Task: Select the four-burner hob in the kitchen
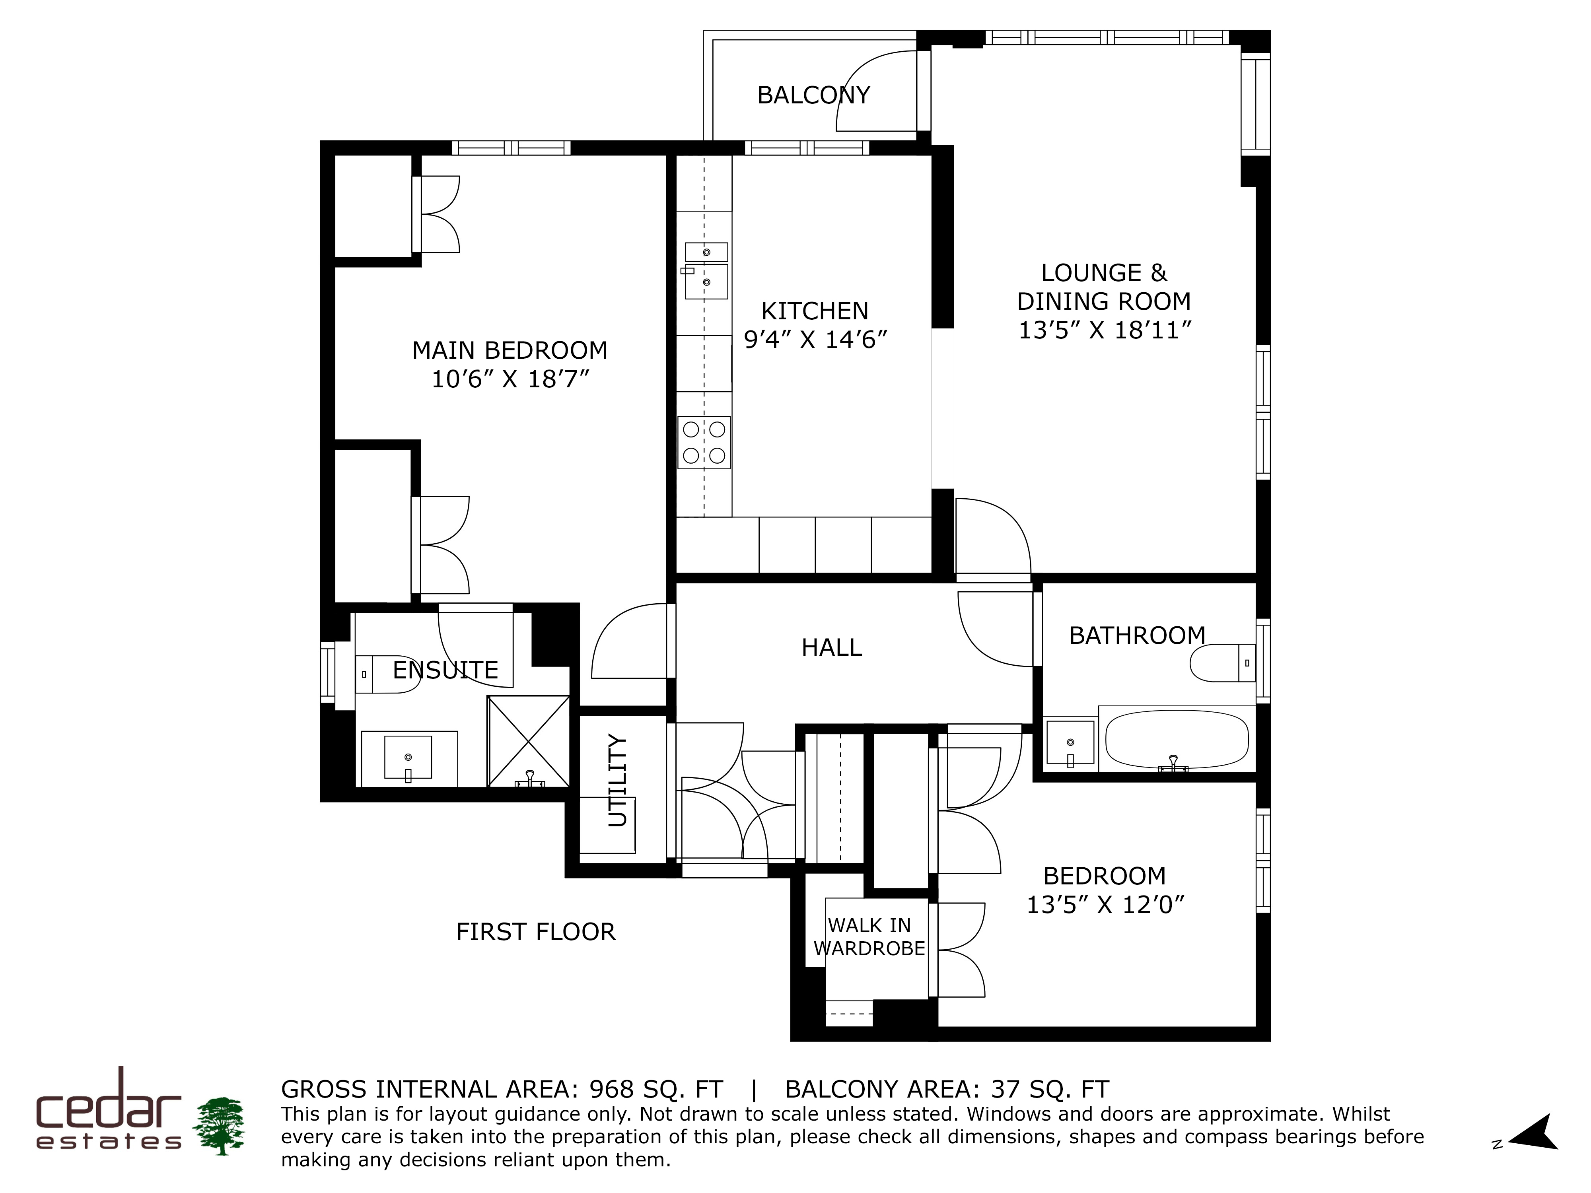click(x=704, y=442)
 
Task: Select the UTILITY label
click(x=618, y=780)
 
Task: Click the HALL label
click(x=831, y=647)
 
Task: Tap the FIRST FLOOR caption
click(x=536, y=932)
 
